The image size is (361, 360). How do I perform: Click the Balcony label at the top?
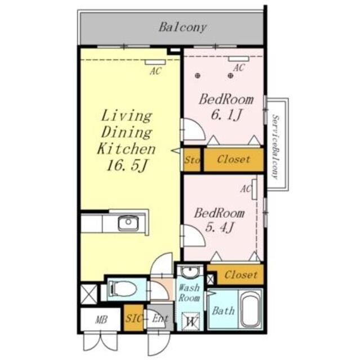pos(182,28)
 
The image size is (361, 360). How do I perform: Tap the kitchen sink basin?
pos(128,223)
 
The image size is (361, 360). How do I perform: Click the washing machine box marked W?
pos(190,321)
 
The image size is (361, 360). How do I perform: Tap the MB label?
pos(101,319)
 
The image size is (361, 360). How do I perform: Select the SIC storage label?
pos(133,318)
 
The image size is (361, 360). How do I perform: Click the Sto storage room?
pos(192,160)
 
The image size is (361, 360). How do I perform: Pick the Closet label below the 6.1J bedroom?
pos(233,159)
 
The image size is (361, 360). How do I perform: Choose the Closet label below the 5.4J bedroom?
pos(241,274)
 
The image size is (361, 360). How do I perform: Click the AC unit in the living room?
pos(155,62)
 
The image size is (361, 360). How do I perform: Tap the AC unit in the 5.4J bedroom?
pos(255,189)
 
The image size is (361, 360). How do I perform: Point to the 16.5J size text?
pos(126,166)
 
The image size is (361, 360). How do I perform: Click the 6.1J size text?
pos(226,115)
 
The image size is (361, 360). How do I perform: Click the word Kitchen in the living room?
pos(126,148)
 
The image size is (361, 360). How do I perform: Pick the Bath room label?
pos(223,311)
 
